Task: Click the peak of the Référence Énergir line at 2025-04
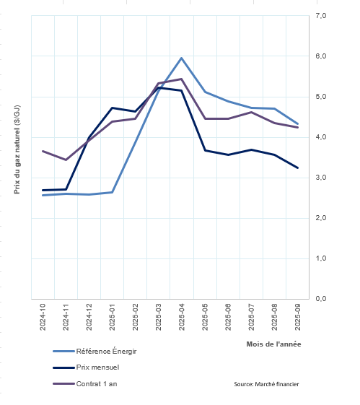coord(181,58)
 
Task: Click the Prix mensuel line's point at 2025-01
coord(112,108)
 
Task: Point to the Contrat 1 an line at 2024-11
coord(66,160)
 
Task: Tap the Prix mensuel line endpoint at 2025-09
coord(297,167)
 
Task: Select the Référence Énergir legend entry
coord(95,352)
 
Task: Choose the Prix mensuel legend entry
coord(86,367)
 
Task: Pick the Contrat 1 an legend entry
coord(85,384)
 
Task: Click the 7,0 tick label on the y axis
coord(321,16)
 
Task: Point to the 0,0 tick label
coord(321,299)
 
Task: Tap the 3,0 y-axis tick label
coord(321,178)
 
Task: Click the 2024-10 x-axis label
coord(43,317)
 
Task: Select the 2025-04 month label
coord(182,317)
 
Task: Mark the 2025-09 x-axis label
coord(297,317)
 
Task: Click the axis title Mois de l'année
coord(273,344)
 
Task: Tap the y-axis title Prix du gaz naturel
coord(17,149)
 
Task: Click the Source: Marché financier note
coord(266,384)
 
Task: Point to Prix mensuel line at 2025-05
coord(205,150)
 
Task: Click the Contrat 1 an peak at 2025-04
coord(181,79)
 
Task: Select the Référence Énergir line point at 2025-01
coord(112,192)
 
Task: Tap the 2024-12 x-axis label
coord(89,317)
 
